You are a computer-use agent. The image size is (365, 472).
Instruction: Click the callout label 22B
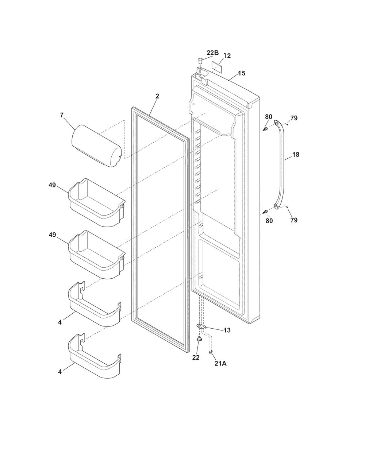pyautogui.click(x=212, y=53)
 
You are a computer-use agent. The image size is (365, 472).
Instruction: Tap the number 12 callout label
pyautogui.click(x=227, y=56)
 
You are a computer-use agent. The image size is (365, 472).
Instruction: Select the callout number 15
pyautogui.click(x=241, y=73)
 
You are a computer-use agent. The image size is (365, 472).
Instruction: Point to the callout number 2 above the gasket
pyautogui.click(x=157, y=96)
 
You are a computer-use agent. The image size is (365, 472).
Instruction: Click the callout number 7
pyautogui.click(x=62, y=115)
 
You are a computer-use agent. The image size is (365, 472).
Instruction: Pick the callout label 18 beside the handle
pyautogui.click(x=296, y=154)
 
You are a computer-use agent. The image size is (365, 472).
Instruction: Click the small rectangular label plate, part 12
pyautogui.click(x=216, y=65)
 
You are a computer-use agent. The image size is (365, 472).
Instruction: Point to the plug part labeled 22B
pyautogui.click(x=200, y=60)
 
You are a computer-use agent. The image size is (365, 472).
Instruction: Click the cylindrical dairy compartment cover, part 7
pyautogui.click(x=96, y=146)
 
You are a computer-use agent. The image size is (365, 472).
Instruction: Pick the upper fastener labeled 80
pyautogui.click(x=265, y=129)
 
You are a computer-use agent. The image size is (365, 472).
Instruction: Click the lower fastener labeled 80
pyautogui.click(x=265, y=211)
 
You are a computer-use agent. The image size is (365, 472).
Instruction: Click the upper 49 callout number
pyautogui.click(x=52, y=185)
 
